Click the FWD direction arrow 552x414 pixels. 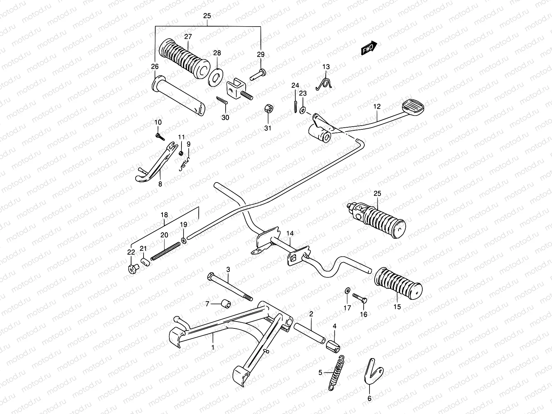pyautogui.click(x=369, y=49)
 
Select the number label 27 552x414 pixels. pyautogui.click(x=188, y=37)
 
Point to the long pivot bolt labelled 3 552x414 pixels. pyautogui.click(x=230, y=286)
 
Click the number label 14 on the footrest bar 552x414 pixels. pyautogui.click(x=290, y=234)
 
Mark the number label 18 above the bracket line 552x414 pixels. pyautogui.click(x=164, y=215)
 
